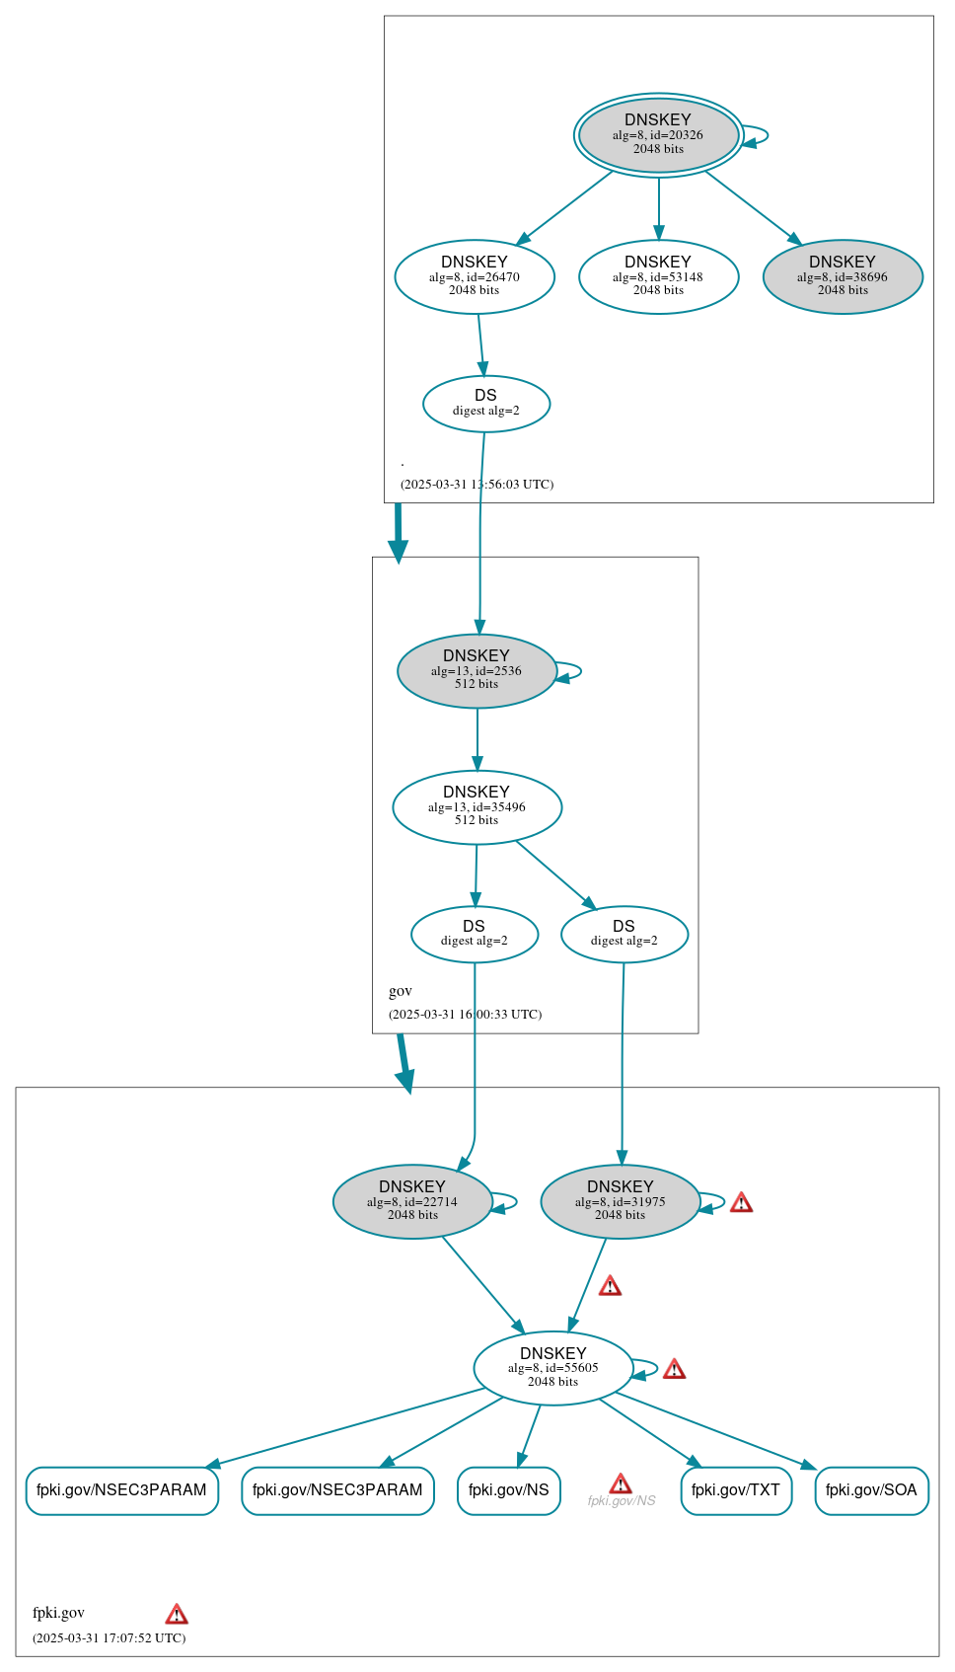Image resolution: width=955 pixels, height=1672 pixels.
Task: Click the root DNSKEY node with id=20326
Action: tap(658, 135)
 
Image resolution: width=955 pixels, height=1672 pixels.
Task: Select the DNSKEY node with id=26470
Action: tap(475, 276)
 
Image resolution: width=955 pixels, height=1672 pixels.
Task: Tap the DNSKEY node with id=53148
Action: tap(658, 276)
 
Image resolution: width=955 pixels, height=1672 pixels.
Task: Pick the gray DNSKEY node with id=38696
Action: tap(843, 276)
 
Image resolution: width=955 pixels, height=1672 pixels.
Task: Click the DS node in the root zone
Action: tap(486, 403)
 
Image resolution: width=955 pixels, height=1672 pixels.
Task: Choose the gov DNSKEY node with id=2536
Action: tap(477, 670)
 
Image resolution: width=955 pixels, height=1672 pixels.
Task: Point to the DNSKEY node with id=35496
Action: tap(477, 806)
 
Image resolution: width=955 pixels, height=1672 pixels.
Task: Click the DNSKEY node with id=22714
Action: tap(412, 1201)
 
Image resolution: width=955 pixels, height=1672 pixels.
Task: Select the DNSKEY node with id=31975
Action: tap(620, 1201)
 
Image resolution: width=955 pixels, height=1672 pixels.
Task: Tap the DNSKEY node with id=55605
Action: tap(552, 1368)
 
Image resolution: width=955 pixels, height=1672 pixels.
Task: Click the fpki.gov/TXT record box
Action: tap(736, 1490)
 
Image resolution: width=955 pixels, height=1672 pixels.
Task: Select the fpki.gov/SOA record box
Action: tap(871, 1490)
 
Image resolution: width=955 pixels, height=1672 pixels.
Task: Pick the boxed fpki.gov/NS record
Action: tap(509, 1490)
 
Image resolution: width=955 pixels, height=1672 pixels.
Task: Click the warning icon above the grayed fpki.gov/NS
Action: tap(621, 1483)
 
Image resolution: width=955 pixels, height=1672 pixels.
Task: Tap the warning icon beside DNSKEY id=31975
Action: tap(741, 1202)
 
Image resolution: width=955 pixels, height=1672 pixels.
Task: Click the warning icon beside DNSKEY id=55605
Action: tap(674, 1369)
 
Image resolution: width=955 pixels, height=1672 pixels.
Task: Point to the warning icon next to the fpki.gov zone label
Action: tap(177, 1614)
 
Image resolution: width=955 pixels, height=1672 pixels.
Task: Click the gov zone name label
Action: tap(401, 991)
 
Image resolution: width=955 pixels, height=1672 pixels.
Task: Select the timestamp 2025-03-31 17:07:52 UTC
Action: tap(109, 1637)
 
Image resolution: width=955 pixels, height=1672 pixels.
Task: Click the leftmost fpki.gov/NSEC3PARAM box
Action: tap(121, 1490)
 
